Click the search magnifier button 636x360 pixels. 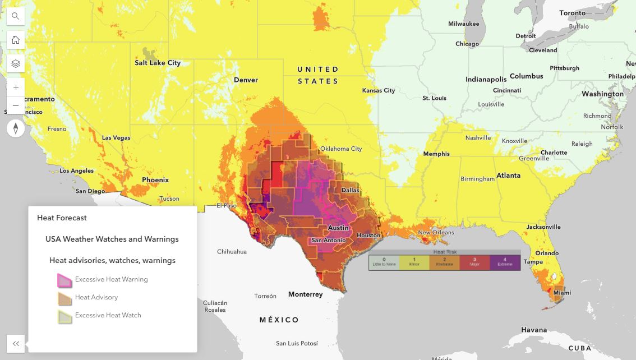click(x=16, y=16)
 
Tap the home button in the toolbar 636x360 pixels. click(x=16, y=40)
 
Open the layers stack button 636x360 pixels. click(x=16, y=63)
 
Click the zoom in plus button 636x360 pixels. click(x=16, y=87)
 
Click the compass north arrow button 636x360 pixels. click(x=16, y=128)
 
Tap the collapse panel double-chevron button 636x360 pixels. click(x=16, y=344)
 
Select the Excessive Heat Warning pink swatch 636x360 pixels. click(x=64, y=279)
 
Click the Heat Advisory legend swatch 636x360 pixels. click(x=64, y=298)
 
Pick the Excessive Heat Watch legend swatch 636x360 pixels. click(x=64, y=316)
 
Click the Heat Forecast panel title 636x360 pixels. click(x=62, y=218)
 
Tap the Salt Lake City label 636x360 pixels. click(x=158, y=63)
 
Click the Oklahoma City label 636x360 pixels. click(x=341, y=149)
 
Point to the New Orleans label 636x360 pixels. click(x=436, y=232)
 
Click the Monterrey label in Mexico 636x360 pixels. click(x=305, y=294)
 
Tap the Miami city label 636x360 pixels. click(x=562, y=293)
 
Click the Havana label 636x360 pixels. click(x=533, y=330)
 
